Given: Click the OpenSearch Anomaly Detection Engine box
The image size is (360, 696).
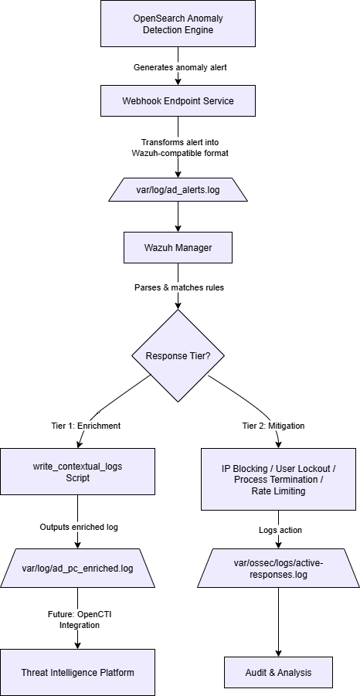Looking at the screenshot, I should tap(178, 23).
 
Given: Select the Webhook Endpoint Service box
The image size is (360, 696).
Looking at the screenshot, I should tap(178, 101).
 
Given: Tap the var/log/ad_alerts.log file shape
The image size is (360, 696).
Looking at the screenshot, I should tap(178, 190).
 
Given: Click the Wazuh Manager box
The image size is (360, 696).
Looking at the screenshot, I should tap(178, 248).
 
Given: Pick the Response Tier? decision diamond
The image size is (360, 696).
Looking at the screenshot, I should tap(178, 356).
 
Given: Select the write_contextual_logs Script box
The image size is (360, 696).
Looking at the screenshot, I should tap(77, 472).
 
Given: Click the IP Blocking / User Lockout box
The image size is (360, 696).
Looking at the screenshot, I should tap(279, 479).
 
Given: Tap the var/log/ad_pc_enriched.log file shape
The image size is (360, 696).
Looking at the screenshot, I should tap(77, 569).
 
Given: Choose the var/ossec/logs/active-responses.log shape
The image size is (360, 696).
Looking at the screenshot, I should tap(279, 569).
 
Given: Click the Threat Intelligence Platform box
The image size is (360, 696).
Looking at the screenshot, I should tap(77, 672).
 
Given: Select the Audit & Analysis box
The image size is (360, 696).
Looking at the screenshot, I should tap(279, 672).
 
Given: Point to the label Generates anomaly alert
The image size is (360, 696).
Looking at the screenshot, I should tap(178, 67).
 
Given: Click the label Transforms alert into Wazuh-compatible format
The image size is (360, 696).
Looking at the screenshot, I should tap(178, 148).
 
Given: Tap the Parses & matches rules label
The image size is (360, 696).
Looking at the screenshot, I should tap(178, 287).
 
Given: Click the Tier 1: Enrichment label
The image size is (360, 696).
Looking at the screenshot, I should tap(80, 426).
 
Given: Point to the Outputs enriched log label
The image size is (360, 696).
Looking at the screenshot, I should tap(77, 526).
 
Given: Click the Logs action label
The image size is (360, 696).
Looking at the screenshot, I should tap(279, 530).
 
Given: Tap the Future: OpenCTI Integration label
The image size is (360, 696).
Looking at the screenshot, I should tap(77, 619).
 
